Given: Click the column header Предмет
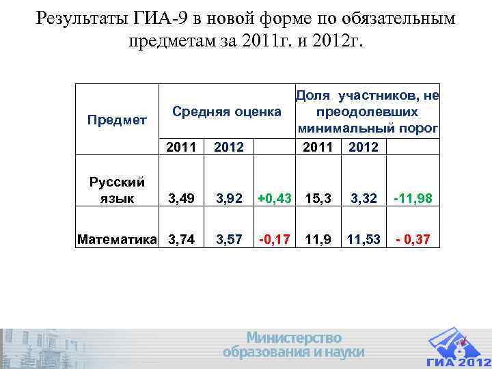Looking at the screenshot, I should tap(117, 120).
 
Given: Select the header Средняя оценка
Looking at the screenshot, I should tap(226, 111).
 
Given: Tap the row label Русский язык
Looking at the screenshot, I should tap(117, 190).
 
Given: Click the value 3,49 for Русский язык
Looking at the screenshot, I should tap(182, 199).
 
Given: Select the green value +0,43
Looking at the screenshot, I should tap(275, 199).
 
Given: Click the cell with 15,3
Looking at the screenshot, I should tap(318, 199).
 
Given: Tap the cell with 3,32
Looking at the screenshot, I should tap(364, 199).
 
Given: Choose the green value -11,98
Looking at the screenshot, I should tap(414, 199).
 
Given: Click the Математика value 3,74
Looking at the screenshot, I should tap(182, 240).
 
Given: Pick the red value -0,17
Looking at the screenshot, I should tap(275, 240).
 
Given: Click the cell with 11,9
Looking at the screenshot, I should tap(318, 240).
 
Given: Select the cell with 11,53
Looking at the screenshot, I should tap(364, 240).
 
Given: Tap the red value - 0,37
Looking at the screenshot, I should tap(414, 240).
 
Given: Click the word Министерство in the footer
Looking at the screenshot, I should tap(294, 338).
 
